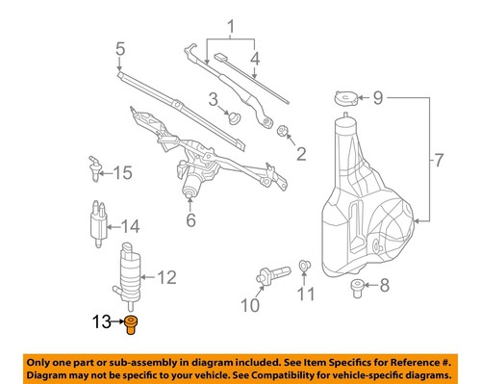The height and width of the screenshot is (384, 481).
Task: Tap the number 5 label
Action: (120, 48)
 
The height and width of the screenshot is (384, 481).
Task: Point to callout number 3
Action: (213, 98)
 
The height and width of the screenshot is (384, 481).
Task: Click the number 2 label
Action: (301, 152)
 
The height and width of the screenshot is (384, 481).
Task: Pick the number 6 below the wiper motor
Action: (190, 220)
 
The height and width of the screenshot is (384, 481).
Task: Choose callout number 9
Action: (378, 97)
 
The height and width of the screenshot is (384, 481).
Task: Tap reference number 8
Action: (385, 286)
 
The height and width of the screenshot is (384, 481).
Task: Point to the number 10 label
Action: (250, 307)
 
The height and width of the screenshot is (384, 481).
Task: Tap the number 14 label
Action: (130, 228)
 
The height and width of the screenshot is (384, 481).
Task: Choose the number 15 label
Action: (121, 173)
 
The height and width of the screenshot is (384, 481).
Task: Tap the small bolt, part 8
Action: (358, 286)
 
